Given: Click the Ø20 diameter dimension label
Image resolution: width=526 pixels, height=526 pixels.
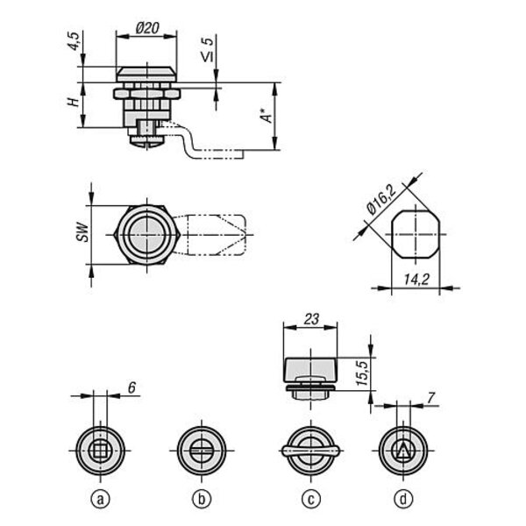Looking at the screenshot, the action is [147, 28].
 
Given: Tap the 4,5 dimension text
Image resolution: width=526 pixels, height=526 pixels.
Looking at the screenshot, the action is [75, 41].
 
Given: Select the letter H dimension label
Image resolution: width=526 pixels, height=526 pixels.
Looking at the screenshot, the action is [74, 102].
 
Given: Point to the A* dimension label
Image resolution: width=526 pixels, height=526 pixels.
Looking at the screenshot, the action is [267, 116].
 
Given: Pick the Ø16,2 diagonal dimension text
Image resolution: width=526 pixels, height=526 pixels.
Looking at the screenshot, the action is [381, 200].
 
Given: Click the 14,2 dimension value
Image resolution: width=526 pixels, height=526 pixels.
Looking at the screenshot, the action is [416, 279].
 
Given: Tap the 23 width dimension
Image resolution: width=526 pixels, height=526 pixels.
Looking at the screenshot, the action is [311, 319].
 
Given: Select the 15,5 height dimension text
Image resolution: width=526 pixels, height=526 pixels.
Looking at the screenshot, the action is [362, 373].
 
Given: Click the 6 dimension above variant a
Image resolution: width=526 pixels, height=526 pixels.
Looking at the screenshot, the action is [131, 387].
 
